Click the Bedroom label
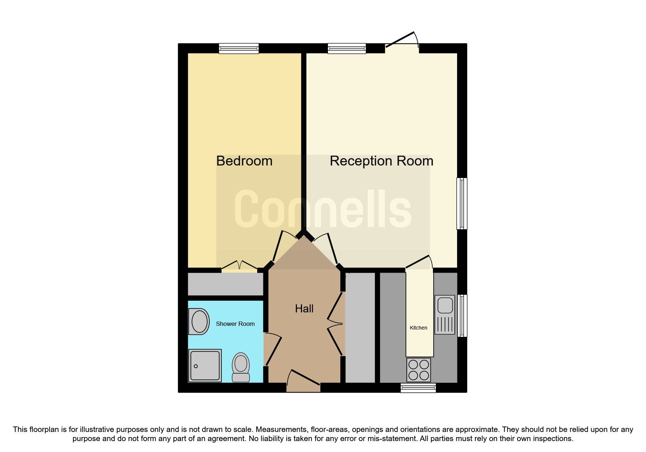[x=244, y=161]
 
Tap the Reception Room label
[x=381, y=161]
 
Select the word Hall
[x=304, y=309]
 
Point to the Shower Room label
[x=235, y=324]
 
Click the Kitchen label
[x=418, y=328]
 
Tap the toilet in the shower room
[x=241, y=367]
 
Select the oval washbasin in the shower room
[x=199, y=322]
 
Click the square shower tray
[x=205, y=365]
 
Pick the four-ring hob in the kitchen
[x=419, y=370]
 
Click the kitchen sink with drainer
[x=445, y=315]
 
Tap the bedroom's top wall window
[x=239, y=48]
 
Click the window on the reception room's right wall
[x=462, y=203]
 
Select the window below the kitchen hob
[x=418, y=388]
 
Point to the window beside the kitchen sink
[x=462, y=315]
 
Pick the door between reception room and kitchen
[x=419, y=262]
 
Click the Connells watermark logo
[x=323, y=209]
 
